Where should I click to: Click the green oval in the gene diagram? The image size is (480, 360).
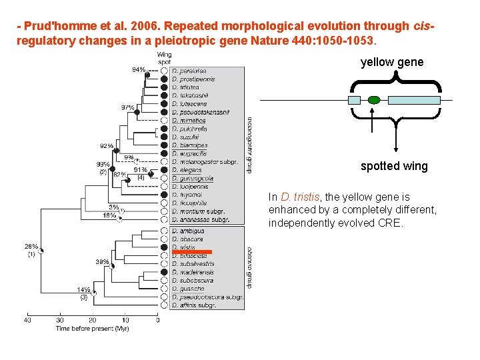tap(374, 100)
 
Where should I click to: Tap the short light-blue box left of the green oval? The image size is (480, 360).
tap(355, 100)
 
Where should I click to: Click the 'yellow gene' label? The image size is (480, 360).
tap(392, 62)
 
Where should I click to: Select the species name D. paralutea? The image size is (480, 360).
tap(189, 71)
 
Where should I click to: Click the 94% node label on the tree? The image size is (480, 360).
tap(139, 69)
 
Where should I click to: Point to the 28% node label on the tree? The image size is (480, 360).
tap(32, 246)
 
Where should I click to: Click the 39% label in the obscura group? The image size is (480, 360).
tap(102, 261)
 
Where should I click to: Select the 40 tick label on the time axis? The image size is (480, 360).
tap(27, 320)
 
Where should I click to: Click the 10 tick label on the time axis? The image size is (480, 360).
tap(125, 320)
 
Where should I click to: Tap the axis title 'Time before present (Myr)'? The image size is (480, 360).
tap(92, 329)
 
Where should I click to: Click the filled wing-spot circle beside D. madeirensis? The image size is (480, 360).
tap(164, 272)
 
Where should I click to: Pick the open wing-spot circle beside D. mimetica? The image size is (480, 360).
tap(164, 121)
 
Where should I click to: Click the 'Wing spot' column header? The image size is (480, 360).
tap(164, 59)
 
